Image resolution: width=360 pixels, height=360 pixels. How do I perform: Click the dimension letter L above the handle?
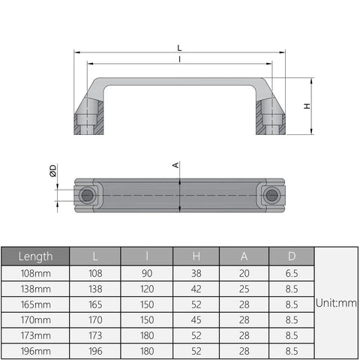[179, 47]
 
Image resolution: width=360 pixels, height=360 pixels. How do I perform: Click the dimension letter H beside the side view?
[306, 106]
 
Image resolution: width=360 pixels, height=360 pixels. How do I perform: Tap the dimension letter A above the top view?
[175, 166]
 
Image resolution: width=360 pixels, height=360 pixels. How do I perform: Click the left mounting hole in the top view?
[88, 196]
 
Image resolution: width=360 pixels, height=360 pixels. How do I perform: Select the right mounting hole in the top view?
[271, 196]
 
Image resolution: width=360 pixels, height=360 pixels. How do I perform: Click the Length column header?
[36, 256]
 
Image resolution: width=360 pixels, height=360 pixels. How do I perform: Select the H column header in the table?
[199, 256]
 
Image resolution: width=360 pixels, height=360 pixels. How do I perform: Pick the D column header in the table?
[292, 256]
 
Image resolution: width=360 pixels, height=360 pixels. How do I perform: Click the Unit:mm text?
[335, 304]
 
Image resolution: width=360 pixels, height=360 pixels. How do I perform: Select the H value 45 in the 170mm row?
[199, 320]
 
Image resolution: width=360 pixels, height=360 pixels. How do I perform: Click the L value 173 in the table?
[95, 335]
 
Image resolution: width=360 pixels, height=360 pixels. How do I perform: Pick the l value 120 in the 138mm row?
[147, 289]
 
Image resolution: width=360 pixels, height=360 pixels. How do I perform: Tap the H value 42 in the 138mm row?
[199, 289]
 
